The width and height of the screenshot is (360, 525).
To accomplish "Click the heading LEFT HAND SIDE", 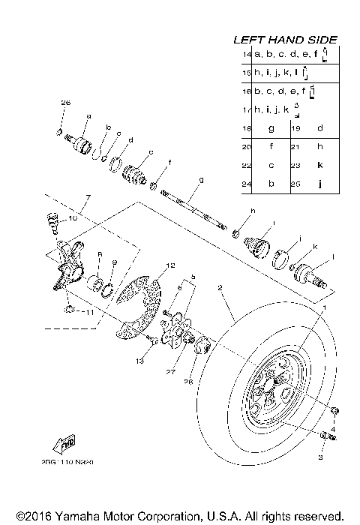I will [x=285, y=39].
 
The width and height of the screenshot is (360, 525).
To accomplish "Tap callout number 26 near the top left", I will [x=64, y=102].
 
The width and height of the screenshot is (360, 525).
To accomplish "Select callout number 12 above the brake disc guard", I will [x=170, y=265].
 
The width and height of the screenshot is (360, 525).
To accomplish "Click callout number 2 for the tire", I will [x=220, y=287].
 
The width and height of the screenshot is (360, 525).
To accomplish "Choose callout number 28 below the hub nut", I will [x=189, y=382].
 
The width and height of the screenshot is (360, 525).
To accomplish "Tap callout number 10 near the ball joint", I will [x=73, y=218].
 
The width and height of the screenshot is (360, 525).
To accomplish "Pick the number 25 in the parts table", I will [x=295, y=182].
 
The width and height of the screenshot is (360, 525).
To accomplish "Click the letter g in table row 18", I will [x=270, y=128].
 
